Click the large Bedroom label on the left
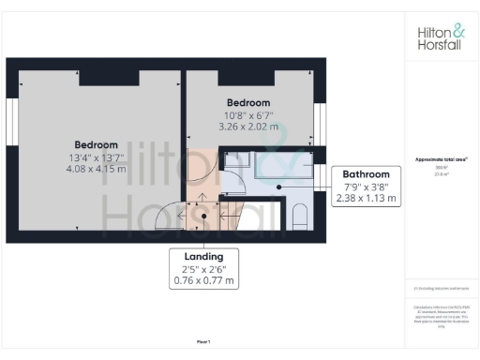coord(97,145)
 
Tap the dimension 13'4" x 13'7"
coord(96,157)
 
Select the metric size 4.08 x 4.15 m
coord(96,169)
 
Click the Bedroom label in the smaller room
coord(248,102)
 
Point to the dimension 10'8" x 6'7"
coord(248,113)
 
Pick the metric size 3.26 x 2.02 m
coord(248,125)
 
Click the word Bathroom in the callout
coord(366,174)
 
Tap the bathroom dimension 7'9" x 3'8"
coord(366,187)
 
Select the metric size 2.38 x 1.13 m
coord(366,198)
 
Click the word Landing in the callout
coord(203,257)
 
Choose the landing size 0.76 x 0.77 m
coord(203,279)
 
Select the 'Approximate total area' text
coord(441,159)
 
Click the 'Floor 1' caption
coord(203,340)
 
